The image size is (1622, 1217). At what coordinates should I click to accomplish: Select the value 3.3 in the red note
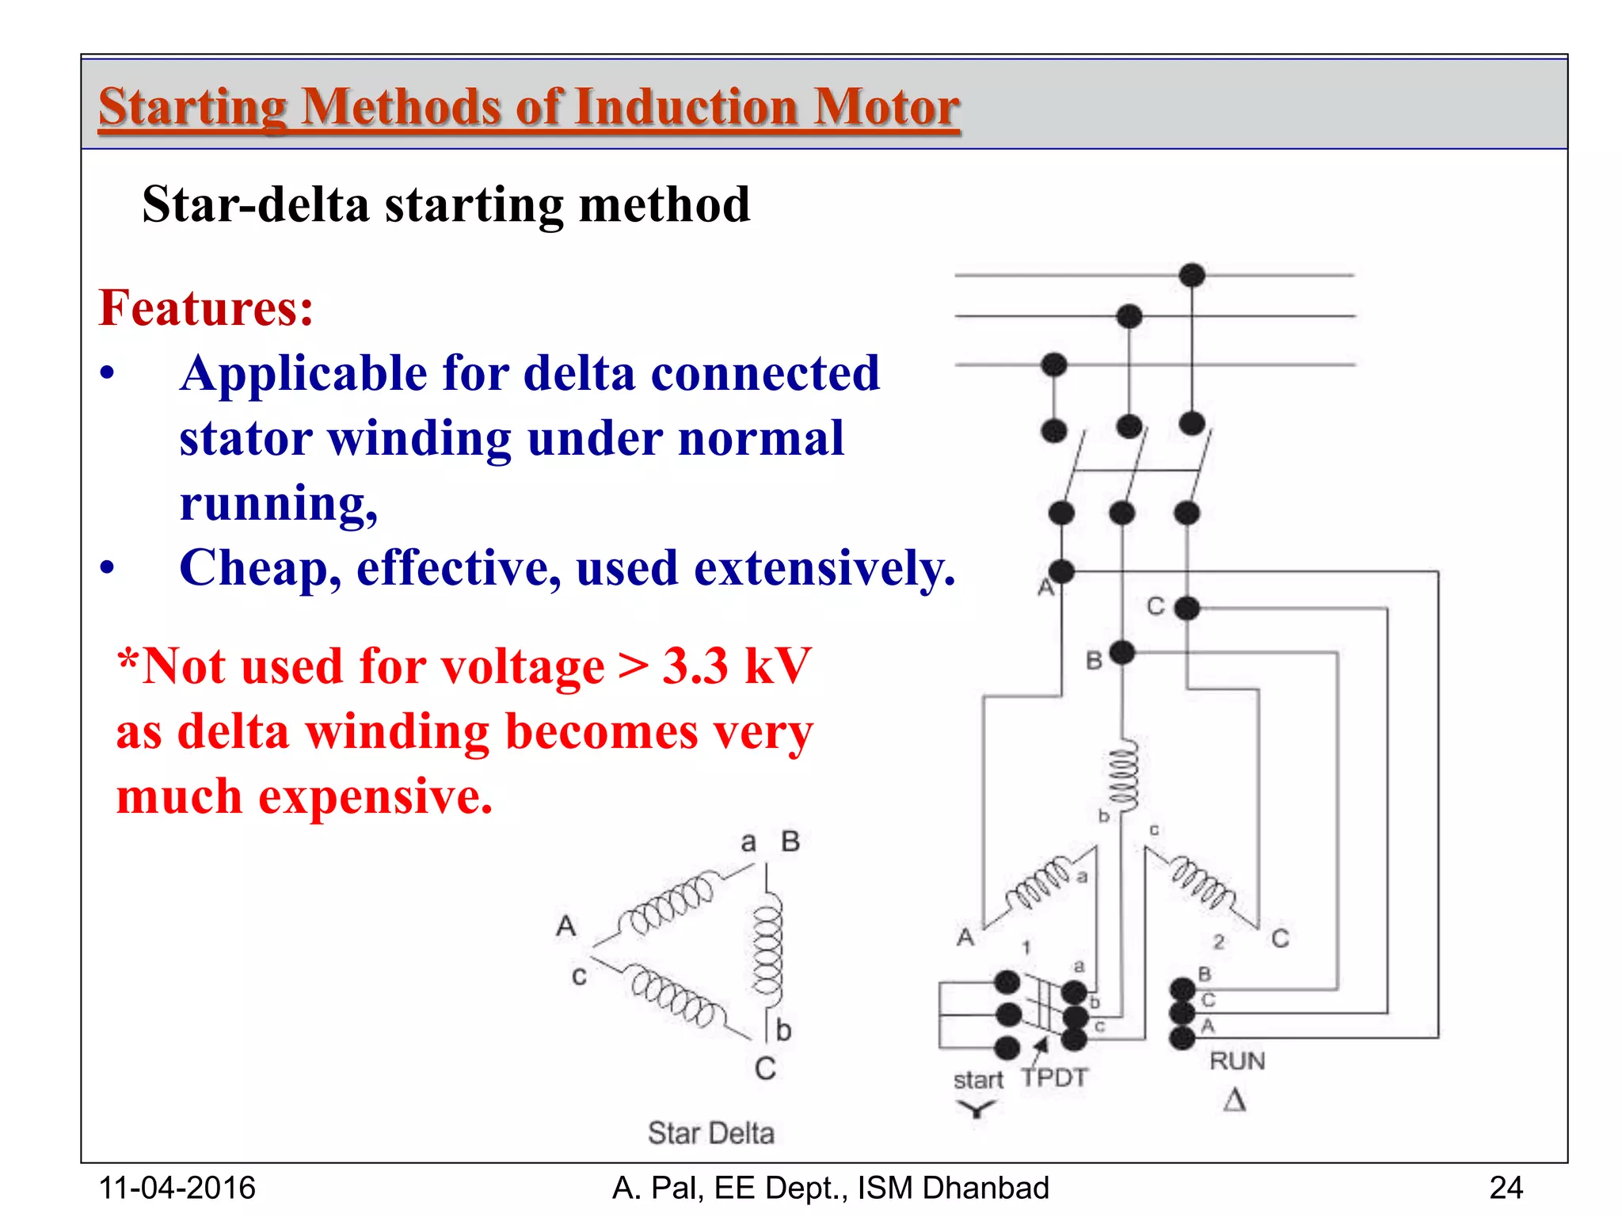point(695,666)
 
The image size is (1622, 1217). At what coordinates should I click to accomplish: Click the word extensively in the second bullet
point(824,568)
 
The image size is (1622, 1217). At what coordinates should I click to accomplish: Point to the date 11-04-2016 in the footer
point(177,1188)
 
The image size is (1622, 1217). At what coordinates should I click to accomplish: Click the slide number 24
point(1506,1188)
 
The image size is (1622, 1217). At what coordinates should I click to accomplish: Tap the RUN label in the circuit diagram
point(1237,1061)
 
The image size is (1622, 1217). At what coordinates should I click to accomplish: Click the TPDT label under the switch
point(1055,1078)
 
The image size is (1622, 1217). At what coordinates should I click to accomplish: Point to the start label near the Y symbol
point(978,1080)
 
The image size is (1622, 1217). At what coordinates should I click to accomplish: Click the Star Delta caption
point(710,1133)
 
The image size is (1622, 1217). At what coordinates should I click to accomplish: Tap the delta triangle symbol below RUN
point(1235,1101)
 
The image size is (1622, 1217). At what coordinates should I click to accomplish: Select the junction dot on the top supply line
point(1192,275)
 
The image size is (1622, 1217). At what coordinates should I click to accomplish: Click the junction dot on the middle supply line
point(1129,316)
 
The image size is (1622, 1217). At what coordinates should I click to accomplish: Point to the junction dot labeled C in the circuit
point(1186,608)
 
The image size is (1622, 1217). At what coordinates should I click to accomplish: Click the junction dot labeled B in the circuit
point(1122,653)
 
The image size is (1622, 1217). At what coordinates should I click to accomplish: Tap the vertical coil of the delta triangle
point(767,951)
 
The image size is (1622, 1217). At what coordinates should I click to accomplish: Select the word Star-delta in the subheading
point(256,204)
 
